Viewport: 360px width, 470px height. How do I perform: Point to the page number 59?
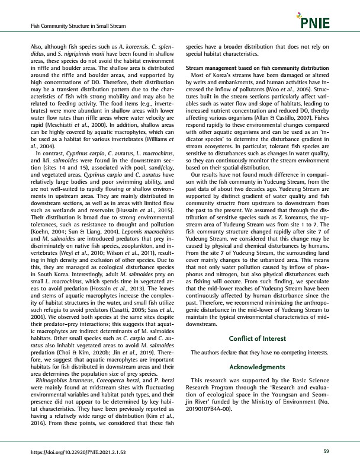pos(326,452)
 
